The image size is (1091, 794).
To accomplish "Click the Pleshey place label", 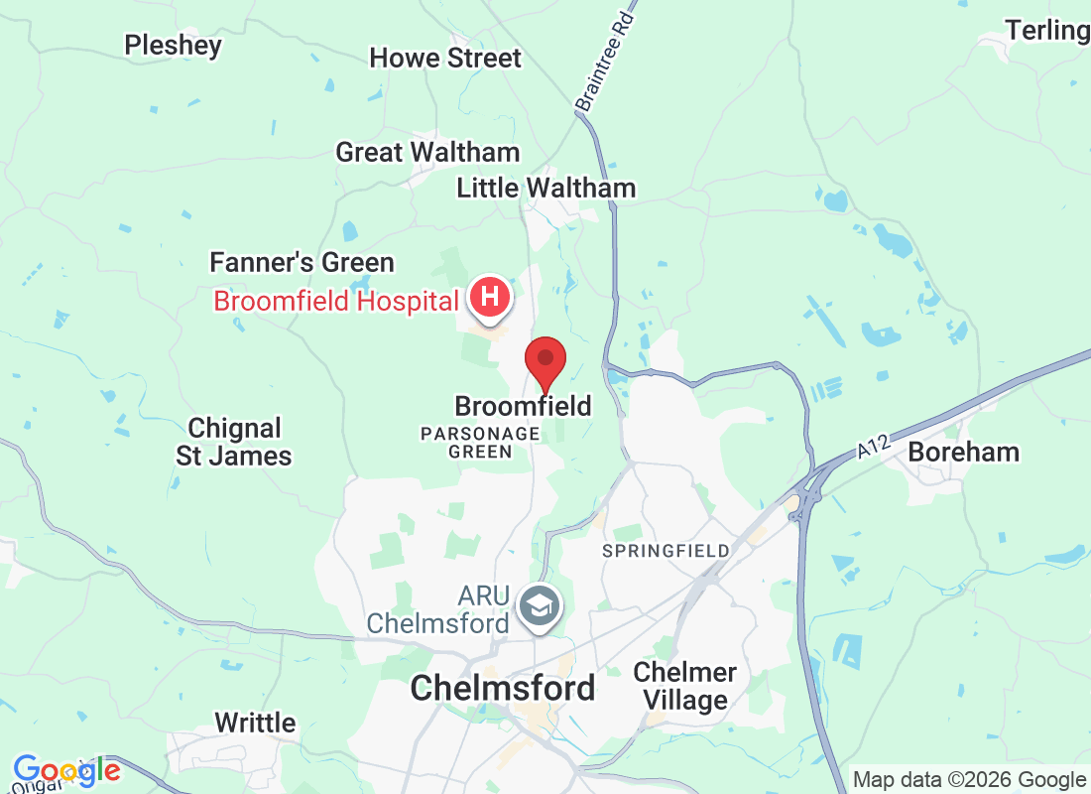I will [173, 45].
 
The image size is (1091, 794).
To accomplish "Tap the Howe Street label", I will [445, 58].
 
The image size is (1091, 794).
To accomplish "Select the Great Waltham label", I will [427, 152].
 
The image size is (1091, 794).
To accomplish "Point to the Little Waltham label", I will [545, 188].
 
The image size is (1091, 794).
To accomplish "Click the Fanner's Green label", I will [302, 262].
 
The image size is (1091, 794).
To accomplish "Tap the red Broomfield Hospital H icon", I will [489, 296].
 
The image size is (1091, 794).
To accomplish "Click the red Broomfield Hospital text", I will [335, 301].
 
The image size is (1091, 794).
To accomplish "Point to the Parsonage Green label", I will [480, 443].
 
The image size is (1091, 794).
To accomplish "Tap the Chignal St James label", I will [234, 443].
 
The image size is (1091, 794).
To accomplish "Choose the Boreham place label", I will [963, 452].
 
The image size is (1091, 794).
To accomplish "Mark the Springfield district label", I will [666, 550].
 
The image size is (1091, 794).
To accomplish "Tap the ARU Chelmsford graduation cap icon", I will [543, 603].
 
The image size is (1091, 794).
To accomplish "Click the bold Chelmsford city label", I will [503, 688].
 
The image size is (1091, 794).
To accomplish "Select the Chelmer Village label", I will [684, 686].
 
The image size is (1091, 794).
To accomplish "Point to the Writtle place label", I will [255, 723].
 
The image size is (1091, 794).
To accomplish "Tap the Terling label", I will [1046, 30].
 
